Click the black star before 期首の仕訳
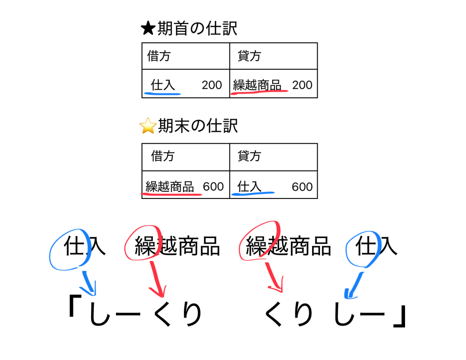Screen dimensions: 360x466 (x=148, y=29)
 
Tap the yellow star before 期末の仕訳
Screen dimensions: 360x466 (x=148, y=126)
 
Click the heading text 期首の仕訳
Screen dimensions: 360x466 (x=197, y=29)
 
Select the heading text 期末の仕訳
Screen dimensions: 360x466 (x=198, y=126)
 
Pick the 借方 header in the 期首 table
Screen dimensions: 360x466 (x=159, y=56)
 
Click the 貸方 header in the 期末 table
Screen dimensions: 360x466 (x=249, y=157)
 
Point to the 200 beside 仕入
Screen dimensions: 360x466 (x=212, y=85)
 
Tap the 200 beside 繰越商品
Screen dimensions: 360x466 (x=302, y=85)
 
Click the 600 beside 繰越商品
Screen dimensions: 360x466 (x=213, y=187)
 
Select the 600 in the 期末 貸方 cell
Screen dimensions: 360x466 (x=302, y=187)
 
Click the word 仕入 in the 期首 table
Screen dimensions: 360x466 (x=162, y=85)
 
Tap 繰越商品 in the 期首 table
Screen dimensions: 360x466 (x=257, y=85)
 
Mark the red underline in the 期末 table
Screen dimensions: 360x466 (x=172, y=194)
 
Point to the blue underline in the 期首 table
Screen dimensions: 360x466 (x=162, y=94)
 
